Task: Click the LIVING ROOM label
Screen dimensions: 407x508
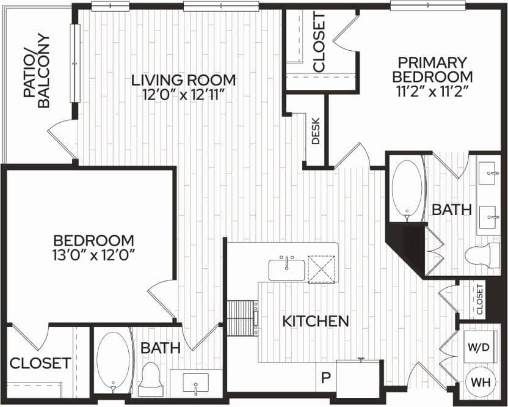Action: (184, 80)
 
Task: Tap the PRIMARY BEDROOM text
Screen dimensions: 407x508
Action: (432, 70)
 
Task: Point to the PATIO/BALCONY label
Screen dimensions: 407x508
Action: (37, 70)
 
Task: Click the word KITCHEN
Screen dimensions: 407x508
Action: (316, 321)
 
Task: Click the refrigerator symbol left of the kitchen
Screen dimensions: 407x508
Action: (241, 318)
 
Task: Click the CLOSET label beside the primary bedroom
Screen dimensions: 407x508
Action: (319, 42)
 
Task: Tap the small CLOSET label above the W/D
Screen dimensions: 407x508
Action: (479, 298)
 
